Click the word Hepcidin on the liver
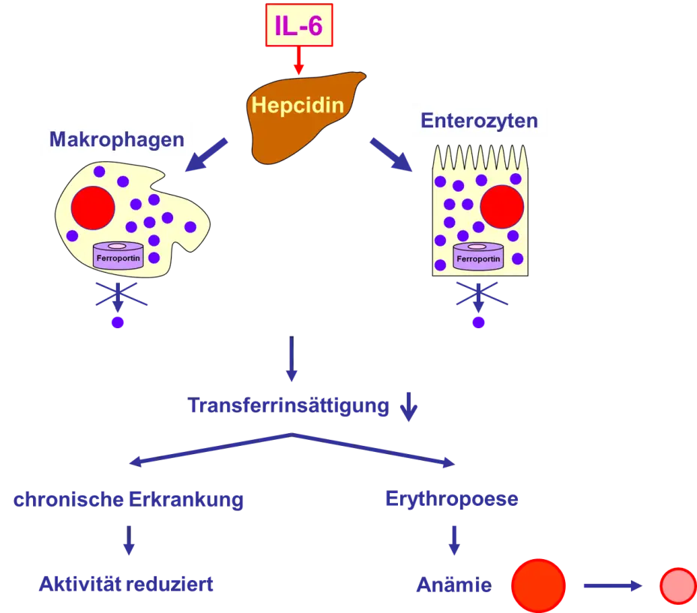coord(298,105)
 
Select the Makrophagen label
coord(116,139)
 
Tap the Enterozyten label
coord(479,121)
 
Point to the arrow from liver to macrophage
coord(204,154)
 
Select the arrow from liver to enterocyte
coord(390,153)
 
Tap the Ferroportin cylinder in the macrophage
coord(117,257)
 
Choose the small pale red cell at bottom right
coord(678,586)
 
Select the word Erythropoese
coord(452,499)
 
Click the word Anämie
coord(453,585)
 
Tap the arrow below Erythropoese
coord(453,540)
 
